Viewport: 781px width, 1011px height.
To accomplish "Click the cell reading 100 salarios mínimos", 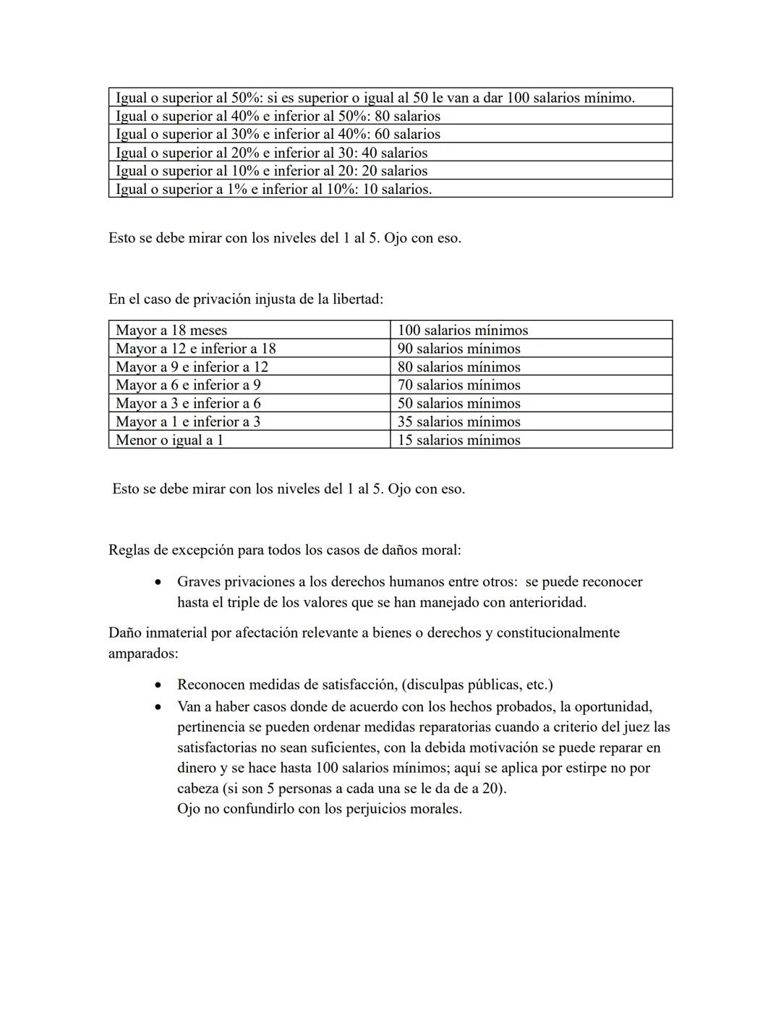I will (463, 330).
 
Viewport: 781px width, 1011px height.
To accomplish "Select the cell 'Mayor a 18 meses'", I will (171, 330).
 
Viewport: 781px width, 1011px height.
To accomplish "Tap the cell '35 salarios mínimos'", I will (458, 421).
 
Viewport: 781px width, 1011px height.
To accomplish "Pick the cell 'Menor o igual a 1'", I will (169, 440).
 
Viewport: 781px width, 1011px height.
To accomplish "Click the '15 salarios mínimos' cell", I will (458, 440).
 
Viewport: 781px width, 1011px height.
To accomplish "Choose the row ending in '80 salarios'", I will (278, 116).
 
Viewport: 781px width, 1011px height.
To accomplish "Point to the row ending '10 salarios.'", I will (273, 189).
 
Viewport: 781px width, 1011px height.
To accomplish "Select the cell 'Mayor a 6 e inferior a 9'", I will (188, 385).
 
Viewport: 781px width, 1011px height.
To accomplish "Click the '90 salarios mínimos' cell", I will (458, 349).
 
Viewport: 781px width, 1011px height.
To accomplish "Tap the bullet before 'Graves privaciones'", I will (158, 583).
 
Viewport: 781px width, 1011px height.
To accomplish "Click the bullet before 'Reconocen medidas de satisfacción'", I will (158, 685).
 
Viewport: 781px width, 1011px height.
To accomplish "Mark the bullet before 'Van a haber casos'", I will (158, 707).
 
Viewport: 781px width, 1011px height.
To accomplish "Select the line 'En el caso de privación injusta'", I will (246, 299).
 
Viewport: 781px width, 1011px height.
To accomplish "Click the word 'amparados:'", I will (143, 653).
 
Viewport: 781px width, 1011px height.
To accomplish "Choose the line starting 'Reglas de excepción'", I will (284, 549).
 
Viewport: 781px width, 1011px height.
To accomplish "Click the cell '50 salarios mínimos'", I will (458, 403).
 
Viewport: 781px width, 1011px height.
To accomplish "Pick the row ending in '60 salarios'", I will (278, 134).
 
